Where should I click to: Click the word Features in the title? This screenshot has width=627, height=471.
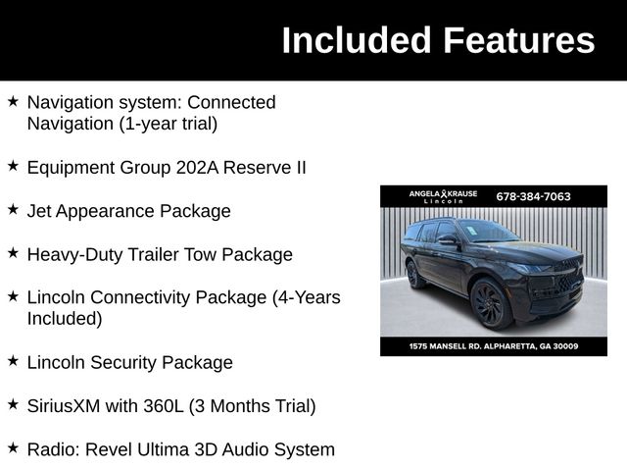518,41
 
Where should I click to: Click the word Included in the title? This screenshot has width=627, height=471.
357,41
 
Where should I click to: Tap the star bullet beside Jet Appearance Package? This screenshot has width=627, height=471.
13,210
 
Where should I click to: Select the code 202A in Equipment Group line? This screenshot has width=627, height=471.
197,167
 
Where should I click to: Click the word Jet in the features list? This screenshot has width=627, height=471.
39,211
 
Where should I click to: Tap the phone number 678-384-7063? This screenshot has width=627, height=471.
533,196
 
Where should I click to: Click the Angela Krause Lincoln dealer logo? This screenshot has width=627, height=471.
443,196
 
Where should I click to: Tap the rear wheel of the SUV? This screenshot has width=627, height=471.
414,274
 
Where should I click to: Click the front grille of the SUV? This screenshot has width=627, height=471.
564,280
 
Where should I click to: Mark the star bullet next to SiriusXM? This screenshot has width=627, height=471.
13,404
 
